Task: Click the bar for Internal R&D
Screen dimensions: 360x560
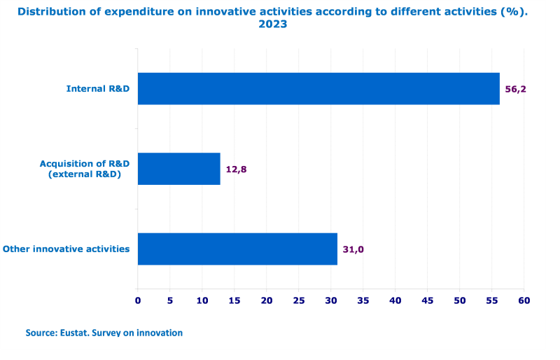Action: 318,89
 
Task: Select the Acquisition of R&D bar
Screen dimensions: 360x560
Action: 179,169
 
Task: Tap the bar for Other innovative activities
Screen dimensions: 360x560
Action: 237,249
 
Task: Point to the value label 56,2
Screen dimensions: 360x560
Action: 515,89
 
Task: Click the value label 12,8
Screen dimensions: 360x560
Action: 237,169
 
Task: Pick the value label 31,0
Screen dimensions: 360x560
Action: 353,249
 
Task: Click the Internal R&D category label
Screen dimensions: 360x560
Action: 98,89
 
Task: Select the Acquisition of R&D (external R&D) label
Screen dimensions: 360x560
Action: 84,169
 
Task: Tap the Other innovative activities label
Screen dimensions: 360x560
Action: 66,249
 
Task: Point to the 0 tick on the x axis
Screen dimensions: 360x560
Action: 138,300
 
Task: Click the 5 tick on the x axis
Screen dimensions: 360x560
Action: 170,300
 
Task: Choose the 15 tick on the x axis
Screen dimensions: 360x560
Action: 234,300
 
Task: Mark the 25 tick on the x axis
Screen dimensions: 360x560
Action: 299,300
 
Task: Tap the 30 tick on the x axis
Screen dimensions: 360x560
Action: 331,300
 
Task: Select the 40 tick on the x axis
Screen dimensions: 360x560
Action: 395,300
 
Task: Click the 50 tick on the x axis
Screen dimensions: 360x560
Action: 460,300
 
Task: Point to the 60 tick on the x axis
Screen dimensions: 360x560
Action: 524,300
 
